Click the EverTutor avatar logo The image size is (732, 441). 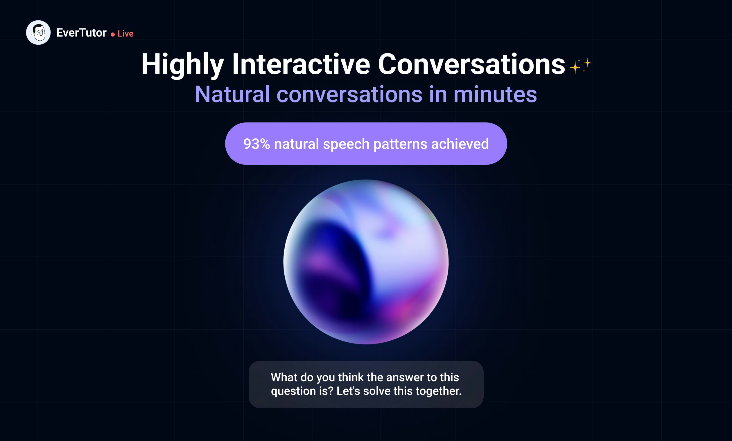(x=38, y=33)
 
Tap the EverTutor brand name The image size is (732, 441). (x=81, y=33)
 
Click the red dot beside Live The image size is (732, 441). (x=113, y=35)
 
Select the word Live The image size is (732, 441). (x=126, y=34)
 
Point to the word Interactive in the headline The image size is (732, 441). (x=301, y=64)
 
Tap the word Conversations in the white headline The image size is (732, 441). (x=471, y=64)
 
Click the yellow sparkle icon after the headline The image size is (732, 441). (x=580, y=66)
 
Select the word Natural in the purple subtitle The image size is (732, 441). (x=233, y=94)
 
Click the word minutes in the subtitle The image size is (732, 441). (x=495, y=94)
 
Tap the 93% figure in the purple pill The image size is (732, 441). (x=257, y=144)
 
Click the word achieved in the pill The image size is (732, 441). (x=460, y=144)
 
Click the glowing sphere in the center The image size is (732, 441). (x=366, y=262)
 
